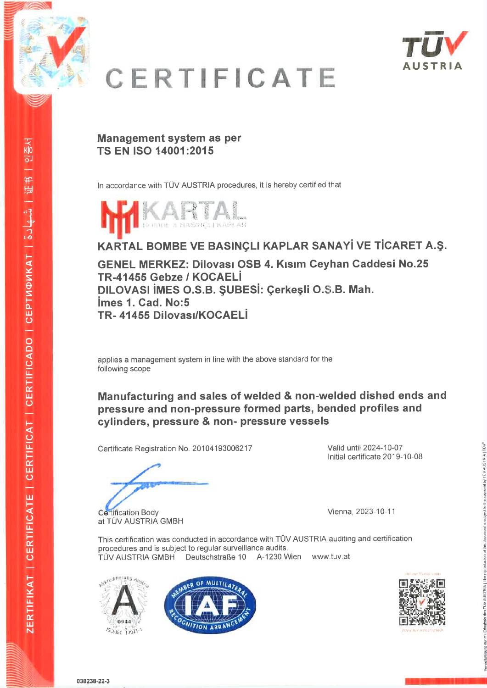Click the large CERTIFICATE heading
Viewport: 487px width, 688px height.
[x=221, y=78]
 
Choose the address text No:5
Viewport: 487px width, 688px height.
[x=174, y=303]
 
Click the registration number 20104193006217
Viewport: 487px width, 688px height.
[x=222, y=449]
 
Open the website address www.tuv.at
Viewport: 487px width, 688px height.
[x=330, y=557]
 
